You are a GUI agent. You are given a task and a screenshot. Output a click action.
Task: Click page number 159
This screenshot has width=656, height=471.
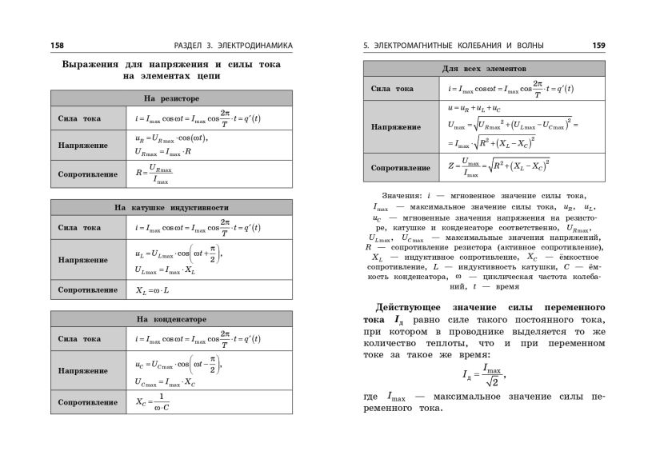(598, 45)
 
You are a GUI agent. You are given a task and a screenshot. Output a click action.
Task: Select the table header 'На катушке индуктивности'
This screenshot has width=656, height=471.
(171, 207)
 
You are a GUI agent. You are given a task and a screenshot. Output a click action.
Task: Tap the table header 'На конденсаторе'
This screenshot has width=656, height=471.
(171, 319)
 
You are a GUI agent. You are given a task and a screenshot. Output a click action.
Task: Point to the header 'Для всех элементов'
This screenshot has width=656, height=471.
(483, 70)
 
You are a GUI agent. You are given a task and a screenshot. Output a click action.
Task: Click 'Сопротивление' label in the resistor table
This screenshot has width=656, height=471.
(88, 174)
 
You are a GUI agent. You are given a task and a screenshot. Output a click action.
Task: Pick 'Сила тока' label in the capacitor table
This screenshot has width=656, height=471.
(80, 340)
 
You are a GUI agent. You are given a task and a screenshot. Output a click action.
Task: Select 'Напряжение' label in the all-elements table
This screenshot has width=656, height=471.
(396, 127)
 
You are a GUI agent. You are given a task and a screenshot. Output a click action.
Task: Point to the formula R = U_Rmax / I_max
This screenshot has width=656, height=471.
(154, 173)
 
